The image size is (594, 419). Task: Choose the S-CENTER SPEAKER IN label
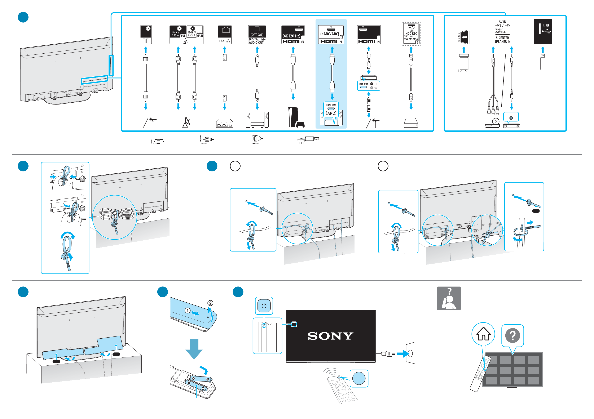coord(502,40)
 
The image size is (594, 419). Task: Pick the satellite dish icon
coord(186,122)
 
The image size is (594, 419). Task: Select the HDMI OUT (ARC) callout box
coord(331,109)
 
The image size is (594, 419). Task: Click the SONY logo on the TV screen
coord(330,336)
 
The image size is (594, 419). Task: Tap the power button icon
coord(264,306)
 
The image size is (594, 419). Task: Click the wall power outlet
coord(410,353)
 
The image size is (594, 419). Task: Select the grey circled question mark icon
coord(512,335)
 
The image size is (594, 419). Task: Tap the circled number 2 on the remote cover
coord(210,303)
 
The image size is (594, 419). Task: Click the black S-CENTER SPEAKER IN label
coord(502,40)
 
